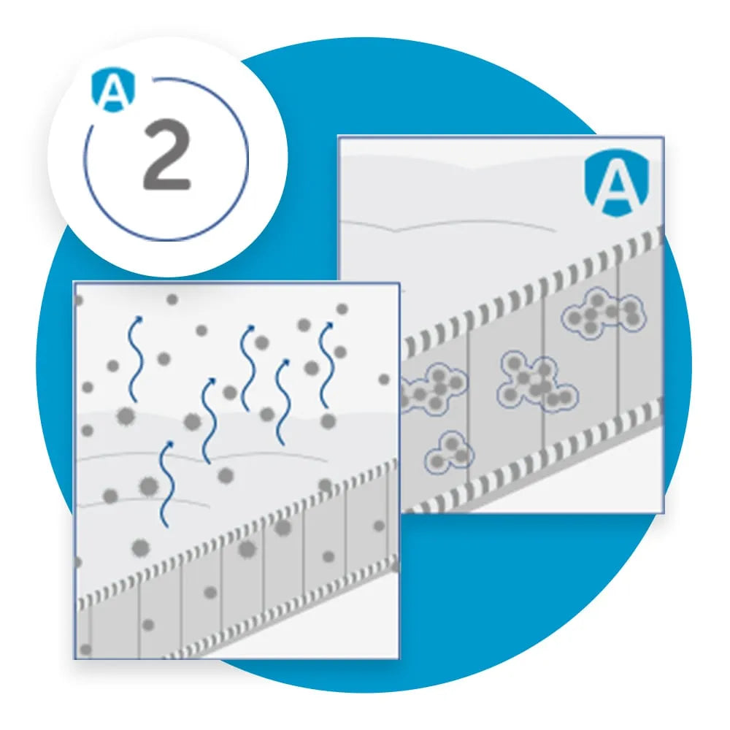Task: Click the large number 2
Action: click(x=167, y=154)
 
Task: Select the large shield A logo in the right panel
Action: click(x=617, y=183)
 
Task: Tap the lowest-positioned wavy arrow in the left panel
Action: click(x=166, y=484)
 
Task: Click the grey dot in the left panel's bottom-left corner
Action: click(x=85, y=650)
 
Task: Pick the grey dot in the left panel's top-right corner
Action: click(x=342, y=309)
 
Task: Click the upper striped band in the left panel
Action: click(x=237, y=531)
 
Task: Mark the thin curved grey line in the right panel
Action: click(x=447, y=223)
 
